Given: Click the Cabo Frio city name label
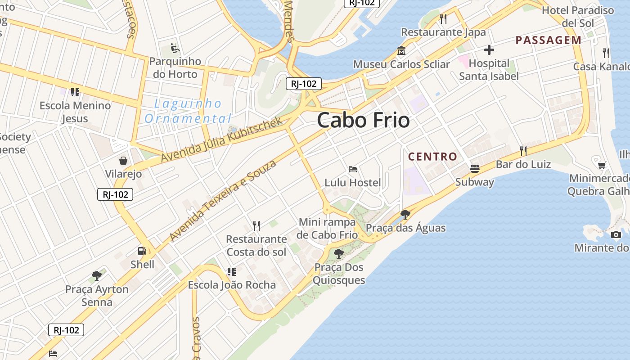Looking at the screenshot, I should tap(363, 120).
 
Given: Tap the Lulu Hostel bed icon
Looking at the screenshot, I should tap(353, 169).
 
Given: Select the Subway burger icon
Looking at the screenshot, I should tap(474, 168).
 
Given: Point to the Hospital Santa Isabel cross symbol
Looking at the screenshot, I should tap(489, 50).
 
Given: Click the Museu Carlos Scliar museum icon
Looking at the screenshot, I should tap(401, 51).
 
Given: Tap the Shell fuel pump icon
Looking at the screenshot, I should tap(142, 251).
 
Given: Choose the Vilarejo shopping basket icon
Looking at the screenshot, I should tap(123, 160).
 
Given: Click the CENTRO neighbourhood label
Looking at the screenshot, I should tap(432, 157).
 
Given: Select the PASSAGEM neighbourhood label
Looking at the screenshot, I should tap(549, 40).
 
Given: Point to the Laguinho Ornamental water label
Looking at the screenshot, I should tap(188, 111).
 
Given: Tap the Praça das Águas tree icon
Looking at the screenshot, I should tap(405, 214).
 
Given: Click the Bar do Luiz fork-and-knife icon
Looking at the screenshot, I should tap(523, 151).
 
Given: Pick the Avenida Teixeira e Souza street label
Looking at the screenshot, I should tap(223, 201).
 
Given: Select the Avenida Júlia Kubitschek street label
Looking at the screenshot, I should tap(222, 139).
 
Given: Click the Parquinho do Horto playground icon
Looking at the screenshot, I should tap(175, 48).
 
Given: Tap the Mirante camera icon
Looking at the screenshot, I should tap(616, 234).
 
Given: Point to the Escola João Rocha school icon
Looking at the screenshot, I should tap(231, 271).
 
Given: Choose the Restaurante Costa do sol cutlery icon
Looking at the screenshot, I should tap(256, 225).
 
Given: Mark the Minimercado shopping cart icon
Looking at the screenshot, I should tap(602, 165).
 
